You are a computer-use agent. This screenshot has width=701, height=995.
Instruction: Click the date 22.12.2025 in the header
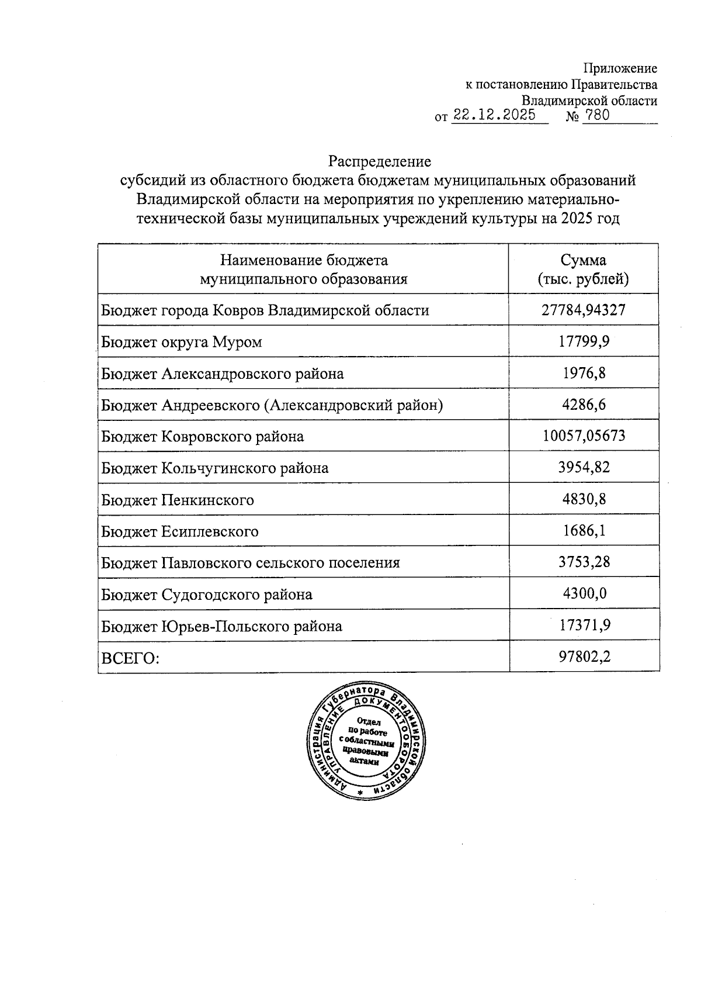(x=494, y=115)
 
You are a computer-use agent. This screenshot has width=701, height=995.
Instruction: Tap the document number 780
(x=596, y=115)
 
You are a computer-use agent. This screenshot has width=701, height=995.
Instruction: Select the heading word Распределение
(x=379, y=161)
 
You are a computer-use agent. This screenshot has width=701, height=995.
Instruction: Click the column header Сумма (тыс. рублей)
(x=583, y=269)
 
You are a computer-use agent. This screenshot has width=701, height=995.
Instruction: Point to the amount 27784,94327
(x=583, y=309)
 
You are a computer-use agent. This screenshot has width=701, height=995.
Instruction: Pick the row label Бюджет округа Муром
(x=181, y=341)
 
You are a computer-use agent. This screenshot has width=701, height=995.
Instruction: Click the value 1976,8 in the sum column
(x=584, y=373)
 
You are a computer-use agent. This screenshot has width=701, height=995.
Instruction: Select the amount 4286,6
(x=584, y=405)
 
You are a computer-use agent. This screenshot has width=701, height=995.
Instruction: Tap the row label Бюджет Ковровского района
(x=202, y=436)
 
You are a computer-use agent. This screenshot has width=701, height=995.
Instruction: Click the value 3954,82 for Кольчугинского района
(x=584, y=468)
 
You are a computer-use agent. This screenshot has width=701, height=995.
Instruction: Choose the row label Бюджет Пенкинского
(x=177, y=500)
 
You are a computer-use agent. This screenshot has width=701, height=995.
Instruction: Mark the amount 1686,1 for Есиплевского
(x=584, y=531)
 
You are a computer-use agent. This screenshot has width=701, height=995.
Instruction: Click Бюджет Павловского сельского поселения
(x=250, y=562)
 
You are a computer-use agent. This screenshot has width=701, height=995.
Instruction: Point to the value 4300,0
(x=584, y=594)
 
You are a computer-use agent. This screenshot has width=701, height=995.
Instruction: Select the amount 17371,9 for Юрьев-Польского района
(x=584, y=626)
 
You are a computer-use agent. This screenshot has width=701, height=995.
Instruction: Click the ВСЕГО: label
(x=130, y=658)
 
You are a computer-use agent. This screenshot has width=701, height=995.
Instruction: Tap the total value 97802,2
(x=584, y=657)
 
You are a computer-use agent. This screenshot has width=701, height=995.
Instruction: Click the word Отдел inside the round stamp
(x=368, y=721)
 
